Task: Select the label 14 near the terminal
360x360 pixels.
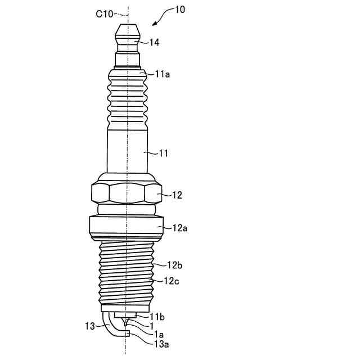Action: pos(154,42)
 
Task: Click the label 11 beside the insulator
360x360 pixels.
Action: pos(163,152)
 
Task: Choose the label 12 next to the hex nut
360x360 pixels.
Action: pos(177,195)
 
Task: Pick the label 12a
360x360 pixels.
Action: pos(179,228)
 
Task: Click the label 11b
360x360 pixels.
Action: pos(157,317)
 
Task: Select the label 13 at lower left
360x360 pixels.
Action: pos(90,326)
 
